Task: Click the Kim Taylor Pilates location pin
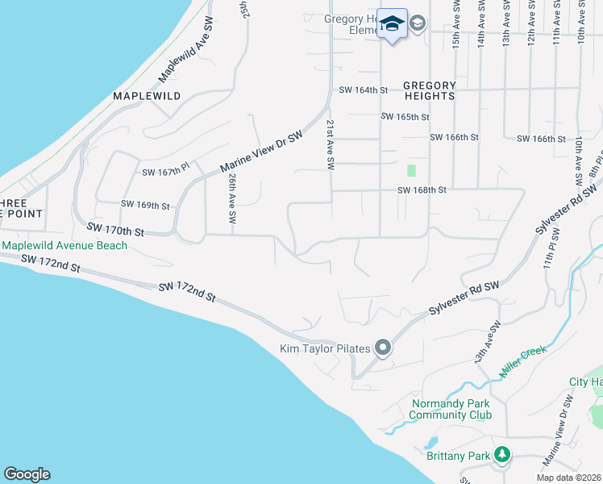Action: pos(382,348)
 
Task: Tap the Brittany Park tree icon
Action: pos(502,456)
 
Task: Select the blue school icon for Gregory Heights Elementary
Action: pos(392,24)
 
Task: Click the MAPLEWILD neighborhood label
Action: pos(147,95)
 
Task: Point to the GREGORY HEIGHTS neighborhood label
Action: pos(429,90)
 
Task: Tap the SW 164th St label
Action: pos(364,90)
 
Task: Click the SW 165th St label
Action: pos(405,117)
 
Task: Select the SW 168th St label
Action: pos(422,190)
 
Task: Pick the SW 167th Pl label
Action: pos(165,172)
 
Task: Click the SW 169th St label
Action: pos(145,206)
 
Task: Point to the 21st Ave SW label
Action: pos(330,144)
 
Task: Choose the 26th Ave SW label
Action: pos(232,198)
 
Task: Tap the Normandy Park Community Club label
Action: pos(450,410)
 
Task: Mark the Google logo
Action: pos(27,474)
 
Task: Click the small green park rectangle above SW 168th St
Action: pos(411,170)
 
